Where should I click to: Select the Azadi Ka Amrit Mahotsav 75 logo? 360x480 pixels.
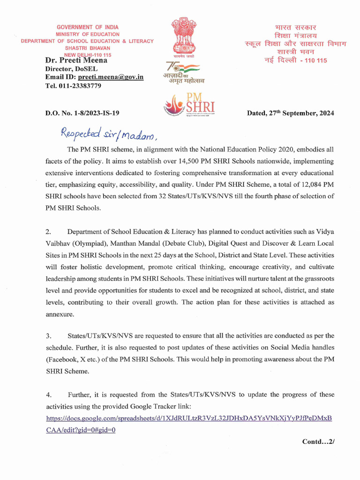pyautogui.click(x=183, y=72)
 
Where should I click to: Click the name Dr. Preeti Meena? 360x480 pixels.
pyautogui.click(x=76, y=60)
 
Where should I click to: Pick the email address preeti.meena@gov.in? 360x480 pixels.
pyautogui.click(x=111, y=77)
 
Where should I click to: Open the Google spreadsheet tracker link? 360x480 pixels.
pyautogui.click(x=189, y=418)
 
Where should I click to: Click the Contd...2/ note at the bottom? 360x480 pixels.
pyautogui.click(x=319, y=441)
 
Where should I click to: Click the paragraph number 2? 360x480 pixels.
pyautogui.click(x=48, y=232)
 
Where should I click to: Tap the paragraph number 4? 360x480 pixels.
pyautogui.click(x=48, y=394)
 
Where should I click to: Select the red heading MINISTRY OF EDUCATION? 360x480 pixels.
pyautogui.click(x=88, y=34)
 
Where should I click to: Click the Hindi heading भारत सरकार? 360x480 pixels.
pyautogui.click(x=295, y=27)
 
